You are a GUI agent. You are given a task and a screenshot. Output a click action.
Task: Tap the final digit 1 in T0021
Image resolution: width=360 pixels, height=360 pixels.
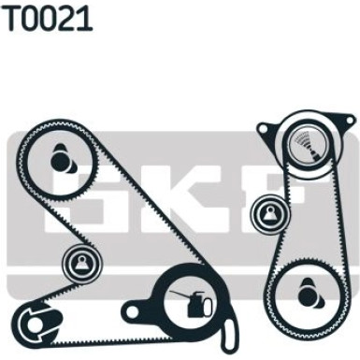click(84, 18)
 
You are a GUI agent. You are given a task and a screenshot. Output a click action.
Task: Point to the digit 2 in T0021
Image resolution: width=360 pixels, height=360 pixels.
click(66, 18)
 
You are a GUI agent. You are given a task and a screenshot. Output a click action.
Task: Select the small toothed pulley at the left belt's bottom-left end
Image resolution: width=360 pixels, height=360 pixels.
click(35, 325)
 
